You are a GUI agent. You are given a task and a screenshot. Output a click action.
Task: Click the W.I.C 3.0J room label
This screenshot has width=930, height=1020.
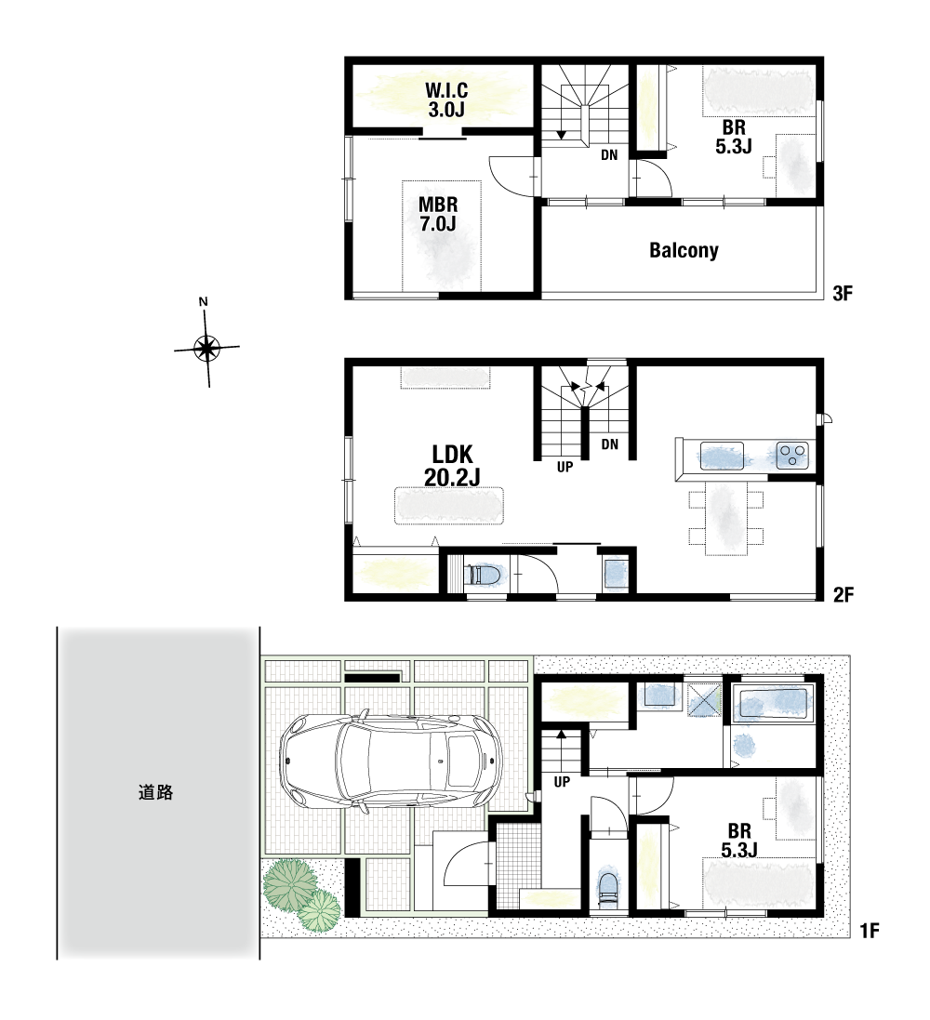click(x=446, y=99)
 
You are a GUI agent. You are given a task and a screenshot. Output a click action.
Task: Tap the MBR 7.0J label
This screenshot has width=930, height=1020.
click(x=437, y=214)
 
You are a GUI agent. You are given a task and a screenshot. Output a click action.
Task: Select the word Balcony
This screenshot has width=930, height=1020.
click(x=684, y=250)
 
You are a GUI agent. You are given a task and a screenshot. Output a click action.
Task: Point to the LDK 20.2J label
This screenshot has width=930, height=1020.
click(x=452, y=465)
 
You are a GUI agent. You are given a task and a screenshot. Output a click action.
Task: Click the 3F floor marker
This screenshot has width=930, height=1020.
click(x=843, y=294)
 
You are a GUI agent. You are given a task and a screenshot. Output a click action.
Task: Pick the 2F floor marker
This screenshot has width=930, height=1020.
click(x=844, y=594)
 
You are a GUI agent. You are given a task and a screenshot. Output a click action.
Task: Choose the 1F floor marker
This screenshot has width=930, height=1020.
click(x=870, y=931)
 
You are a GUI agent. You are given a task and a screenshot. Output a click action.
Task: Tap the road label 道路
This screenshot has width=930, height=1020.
click(x=155, y=792)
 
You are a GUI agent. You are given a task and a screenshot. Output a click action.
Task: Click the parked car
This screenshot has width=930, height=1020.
click(x=391, y=761)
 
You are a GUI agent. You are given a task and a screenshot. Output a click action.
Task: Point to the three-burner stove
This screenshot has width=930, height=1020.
click(x=792, y=455)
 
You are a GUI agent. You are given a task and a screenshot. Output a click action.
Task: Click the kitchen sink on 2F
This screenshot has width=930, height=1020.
click(x=721, y=456)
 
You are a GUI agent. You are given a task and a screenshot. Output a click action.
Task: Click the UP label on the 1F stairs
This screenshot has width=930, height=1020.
click(x=562, y=782)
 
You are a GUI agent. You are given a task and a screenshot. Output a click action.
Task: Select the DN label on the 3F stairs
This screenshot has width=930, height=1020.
click(x=609, y=155)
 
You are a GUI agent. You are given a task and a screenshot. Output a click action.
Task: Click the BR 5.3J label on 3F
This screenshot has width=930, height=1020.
click(x=734, y=137)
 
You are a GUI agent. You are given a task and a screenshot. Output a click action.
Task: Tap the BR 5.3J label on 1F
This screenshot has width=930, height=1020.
click(x=739, y=840)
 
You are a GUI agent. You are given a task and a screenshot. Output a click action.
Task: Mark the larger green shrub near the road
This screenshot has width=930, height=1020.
click(x=289, y=884)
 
